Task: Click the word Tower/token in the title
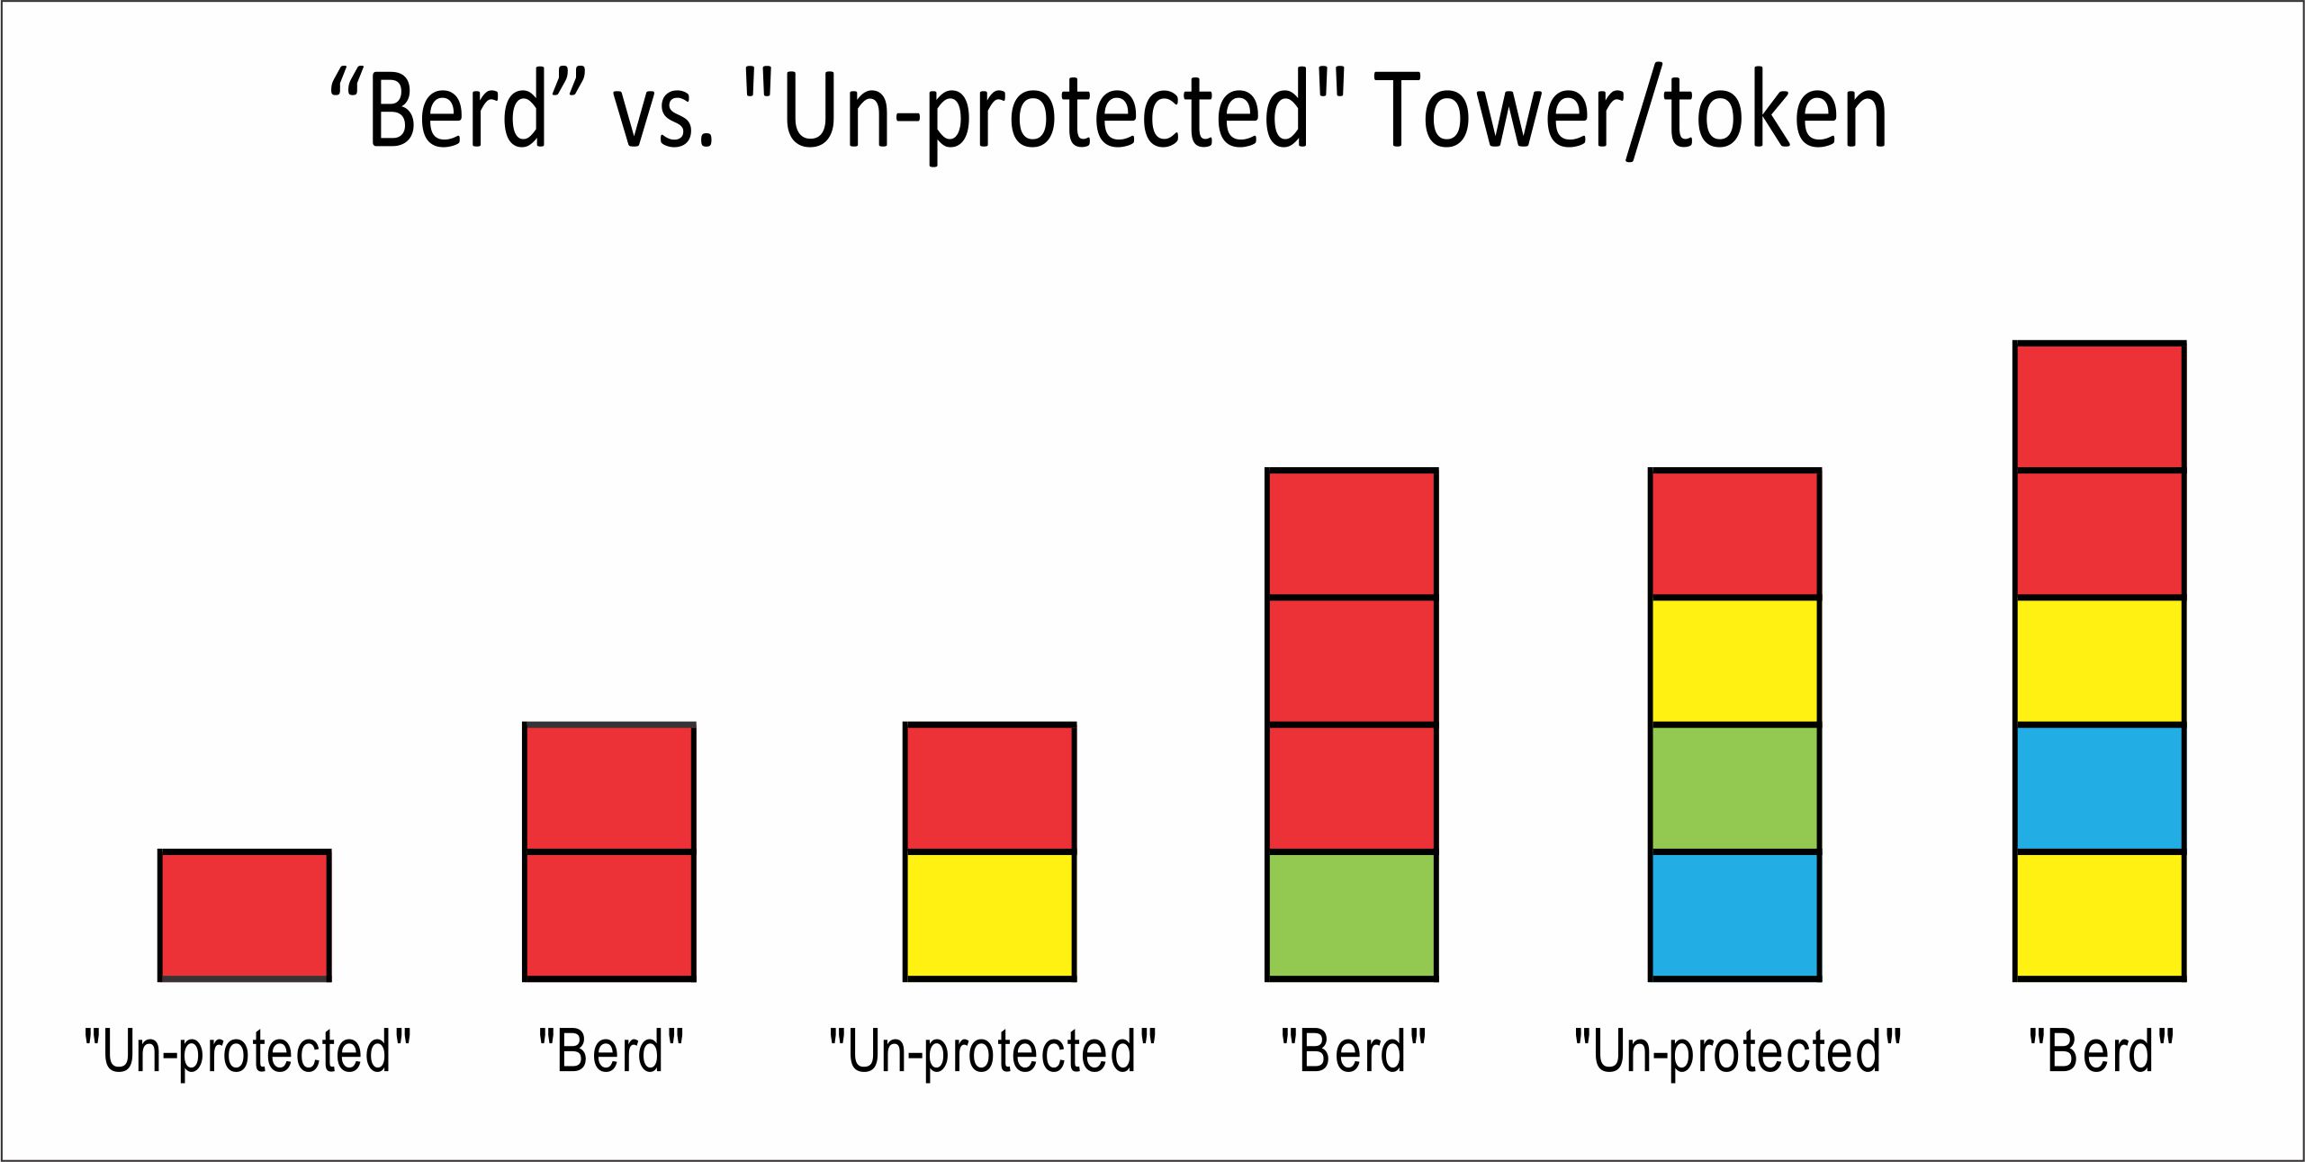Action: point(1630,113)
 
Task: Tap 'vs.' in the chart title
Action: point(664,115)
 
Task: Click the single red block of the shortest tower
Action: point(245,914)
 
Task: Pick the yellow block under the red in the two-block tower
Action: point(990,914)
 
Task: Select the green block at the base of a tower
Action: point(1352,914)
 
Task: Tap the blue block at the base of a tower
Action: point(1735,914)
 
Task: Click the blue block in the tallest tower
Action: point(2100,788)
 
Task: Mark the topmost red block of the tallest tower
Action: point(2100,406)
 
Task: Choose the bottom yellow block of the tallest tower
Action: point(2100,914)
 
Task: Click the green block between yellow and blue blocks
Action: point(1735,788)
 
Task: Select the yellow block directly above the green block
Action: point(1735,661)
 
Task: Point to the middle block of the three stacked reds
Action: point(1352,661)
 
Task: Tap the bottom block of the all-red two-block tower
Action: point(609,914)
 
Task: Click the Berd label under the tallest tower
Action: point(2101,1050)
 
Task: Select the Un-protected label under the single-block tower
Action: point(248,1052)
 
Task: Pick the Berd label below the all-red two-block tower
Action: point(611,1050)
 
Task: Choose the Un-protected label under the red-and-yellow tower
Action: point(992,1052)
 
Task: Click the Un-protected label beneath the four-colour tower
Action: point(1737,1052)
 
